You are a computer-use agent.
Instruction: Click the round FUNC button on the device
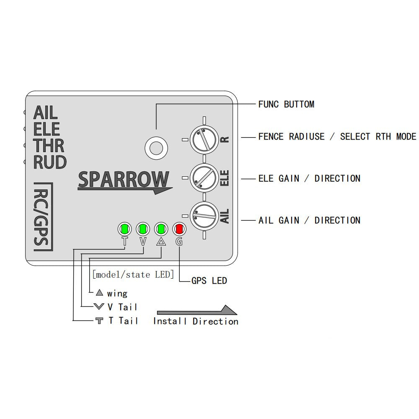(156, 148)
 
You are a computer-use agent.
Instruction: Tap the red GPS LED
(179, 229)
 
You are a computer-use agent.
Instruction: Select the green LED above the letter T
(125, 229)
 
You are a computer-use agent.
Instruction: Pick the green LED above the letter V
(143, 229)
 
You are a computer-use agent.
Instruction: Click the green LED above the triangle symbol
(161, 229)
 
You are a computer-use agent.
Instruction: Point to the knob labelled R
(204, 139)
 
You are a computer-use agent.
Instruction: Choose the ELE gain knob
(204, 178)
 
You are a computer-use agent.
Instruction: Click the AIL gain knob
(204, 216)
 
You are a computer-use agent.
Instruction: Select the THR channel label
(49, 146)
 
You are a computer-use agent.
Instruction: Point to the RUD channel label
(50, 163)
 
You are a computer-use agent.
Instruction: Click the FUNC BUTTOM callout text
(286, 104)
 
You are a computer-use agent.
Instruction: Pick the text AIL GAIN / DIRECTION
(310, 220)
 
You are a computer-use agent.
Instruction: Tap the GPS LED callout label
(209, 281)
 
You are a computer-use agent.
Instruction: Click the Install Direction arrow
(197, 310)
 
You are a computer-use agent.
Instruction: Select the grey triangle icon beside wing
(99, 293)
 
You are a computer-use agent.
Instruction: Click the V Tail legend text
(122, 307)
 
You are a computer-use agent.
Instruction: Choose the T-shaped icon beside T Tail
(99, 321)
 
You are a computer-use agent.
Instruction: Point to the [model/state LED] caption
(133, 274)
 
